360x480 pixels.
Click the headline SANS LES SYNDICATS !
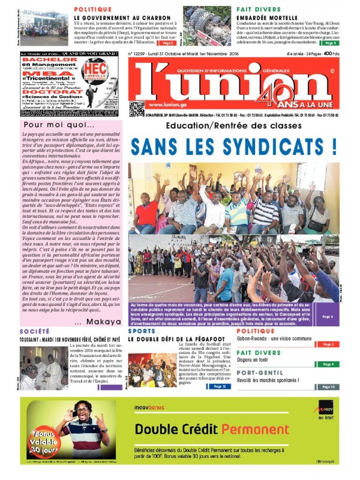(233, 146)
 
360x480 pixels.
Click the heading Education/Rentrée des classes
(233, 126)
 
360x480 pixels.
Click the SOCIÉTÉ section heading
(34, 331)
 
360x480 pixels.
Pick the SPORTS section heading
(142, 331)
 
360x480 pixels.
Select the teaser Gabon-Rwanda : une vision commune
(274, 338)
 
